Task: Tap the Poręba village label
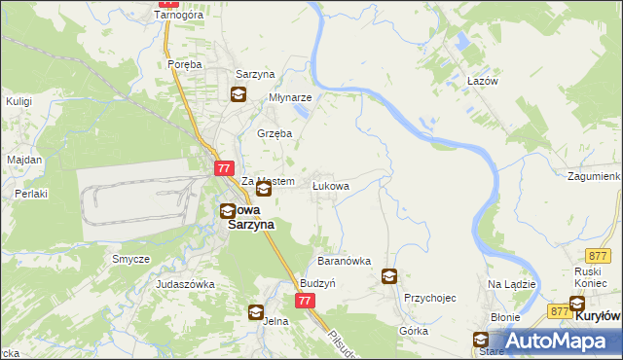tap(184, 64)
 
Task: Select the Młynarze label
tap(290, 98)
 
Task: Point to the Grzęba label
tap(274, 133)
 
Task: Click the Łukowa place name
tap(330, 184)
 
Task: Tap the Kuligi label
tap(19, 100)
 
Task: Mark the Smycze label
tap(130, 259)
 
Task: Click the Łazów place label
tap(482, 82)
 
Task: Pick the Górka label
tap(414, 331)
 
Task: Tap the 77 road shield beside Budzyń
tap(305, 302)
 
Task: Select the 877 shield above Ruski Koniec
tap(598, 253)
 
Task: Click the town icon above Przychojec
tap(390, 276)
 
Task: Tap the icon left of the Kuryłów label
tap(577, 304)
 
